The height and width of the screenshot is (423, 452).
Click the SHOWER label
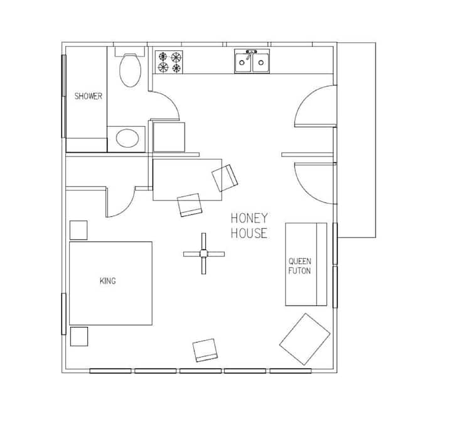click(x=88, y=96)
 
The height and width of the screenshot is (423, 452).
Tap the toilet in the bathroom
click(x=131, y=70)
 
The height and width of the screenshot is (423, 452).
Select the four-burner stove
click(x=169, y=62)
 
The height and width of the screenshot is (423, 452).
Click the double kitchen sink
click(x=252, y=62)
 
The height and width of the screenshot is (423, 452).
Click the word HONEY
click(x=249, y=218)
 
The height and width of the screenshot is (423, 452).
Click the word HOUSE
click(x=249, y=234)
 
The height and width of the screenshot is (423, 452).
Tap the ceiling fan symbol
click(x=203, y=253)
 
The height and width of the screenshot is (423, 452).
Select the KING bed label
click(x=107, y=281)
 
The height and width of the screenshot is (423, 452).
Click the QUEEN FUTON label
click(x=299, y=266)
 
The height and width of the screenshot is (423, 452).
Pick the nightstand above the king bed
click(x=78, y=230)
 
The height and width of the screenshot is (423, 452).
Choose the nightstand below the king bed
click(x=79, y=337)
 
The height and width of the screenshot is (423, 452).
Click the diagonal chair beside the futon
click(x=304, y=339)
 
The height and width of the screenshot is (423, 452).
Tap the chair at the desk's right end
click(x=225, y=177)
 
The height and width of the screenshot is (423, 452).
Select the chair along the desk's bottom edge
click(x=190, y=204)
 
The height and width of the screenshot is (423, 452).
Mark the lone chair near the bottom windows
click(x=205, y=350)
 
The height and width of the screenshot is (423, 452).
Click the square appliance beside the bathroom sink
click(x=169, y=136)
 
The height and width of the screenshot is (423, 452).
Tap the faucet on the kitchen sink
click(x=251, y=53)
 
